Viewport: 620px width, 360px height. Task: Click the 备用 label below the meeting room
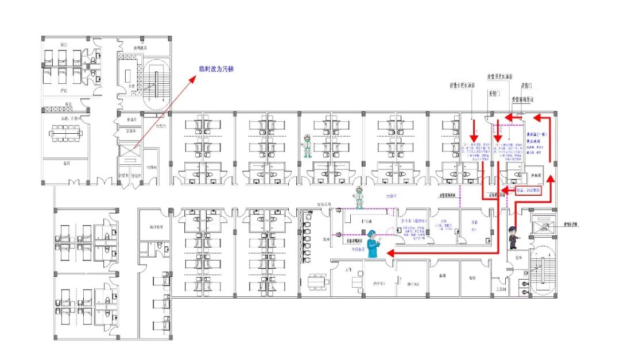coord(67,163)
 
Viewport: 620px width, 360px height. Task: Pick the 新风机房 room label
coord(141,48)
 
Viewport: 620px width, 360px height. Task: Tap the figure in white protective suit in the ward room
coord(307,146)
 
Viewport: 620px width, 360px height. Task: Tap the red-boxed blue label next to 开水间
coord(529,190)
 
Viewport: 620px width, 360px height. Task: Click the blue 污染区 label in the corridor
coord(392,196)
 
